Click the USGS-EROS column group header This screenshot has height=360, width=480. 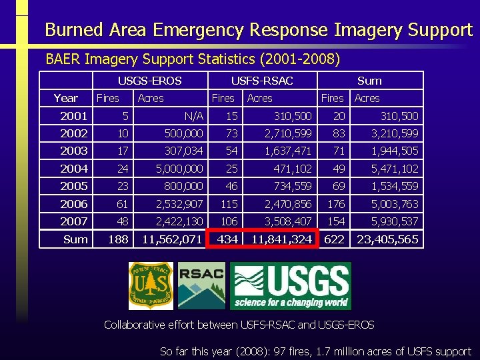pos(149,81)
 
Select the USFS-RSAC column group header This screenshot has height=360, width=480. pos(261,81)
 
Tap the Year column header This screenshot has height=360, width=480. pos(65,98)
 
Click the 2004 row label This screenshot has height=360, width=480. pos(73,169)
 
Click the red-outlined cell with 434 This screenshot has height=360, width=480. pos(227,239)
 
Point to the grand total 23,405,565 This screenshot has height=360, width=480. pos(387,239)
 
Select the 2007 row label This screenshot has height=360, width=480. pos(73,221)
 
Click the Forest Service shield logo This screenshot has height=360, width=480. pos(151,285)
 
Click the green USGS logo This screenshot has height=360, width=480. pos(290,285)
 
